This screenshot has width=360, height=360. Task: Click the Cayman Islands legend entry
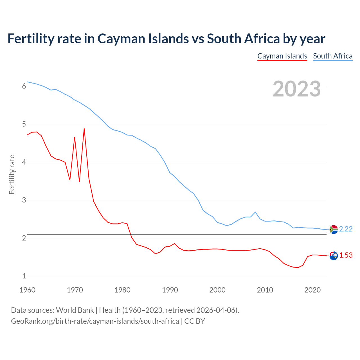tap(282, 56)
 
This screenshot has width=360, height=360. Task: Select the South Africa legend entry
tap(333, 56)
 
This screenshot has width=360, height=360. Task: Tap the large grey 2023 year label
tap(297, 89)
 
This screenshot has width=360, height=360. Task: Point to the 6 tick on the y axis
tap(24, 86)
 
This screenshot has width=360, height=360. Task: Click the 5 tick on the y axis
tap(24, 124)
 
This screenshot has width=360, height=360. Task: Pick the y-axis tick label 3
tap(24, 200)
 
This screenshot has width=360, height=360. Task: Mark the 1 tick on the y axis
tap(24, 276)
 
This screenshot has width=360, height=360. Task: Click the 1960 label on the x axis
tap(27, 290)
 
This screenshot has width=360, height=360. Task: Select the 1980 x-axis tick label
tap(122, 290)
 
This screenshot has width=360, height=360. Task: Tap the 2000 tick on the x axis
tap(217, 290)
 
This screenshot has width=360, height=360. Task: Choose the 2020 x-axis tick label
tap(312, 290)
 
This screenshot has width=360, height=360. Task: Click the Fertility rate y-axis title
tap(12, 174)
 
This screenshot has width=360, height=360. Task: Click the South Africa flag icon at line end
tap(334, 229)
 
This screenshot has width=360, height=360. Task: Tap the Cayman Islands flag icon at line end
tap(334, 256)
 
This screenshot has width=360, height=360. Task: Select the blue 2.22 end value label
tap(346, 229)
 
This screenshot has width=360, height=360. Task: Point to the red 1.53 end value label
tap(346, 255)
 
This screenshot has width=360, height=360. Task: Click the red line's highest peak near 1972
tap(84, 129)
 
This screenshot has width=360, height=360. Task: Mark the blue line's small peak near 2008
tap(255, 212)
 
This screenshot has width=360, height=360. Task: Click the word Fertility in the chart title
tap(31, 39)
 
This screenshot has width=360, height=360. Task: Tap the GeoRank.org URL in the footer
tap(95, 321)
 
